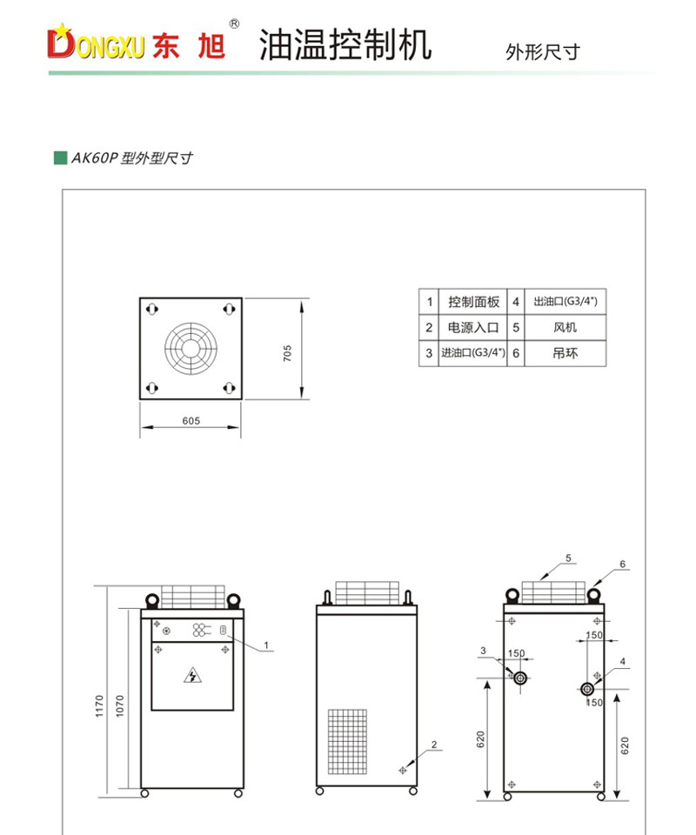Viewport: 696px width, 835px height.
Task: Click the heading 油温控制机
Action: pyautogui.click(x=345, y=45)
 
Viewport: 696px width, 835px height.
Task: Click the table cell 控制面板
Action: pyautogui.click(x=474, y=303)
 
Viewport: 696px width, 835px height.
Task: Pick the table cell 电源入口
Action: pyautogui.click(x=474, y=328)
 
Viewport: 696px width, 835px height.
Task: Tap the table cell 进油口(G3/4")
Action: pyautogui.click(x=474, y=353)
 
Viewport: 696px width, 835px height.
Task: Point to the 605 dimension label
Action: pyautogui.click(x=191, y=421)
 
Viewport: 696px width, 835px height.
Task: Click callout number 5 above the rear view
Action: pyautogui.click(x=567, y=558)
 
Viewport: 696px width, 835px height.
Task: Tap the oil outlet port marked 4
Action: pyautogui.click(x=588, y=690)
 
